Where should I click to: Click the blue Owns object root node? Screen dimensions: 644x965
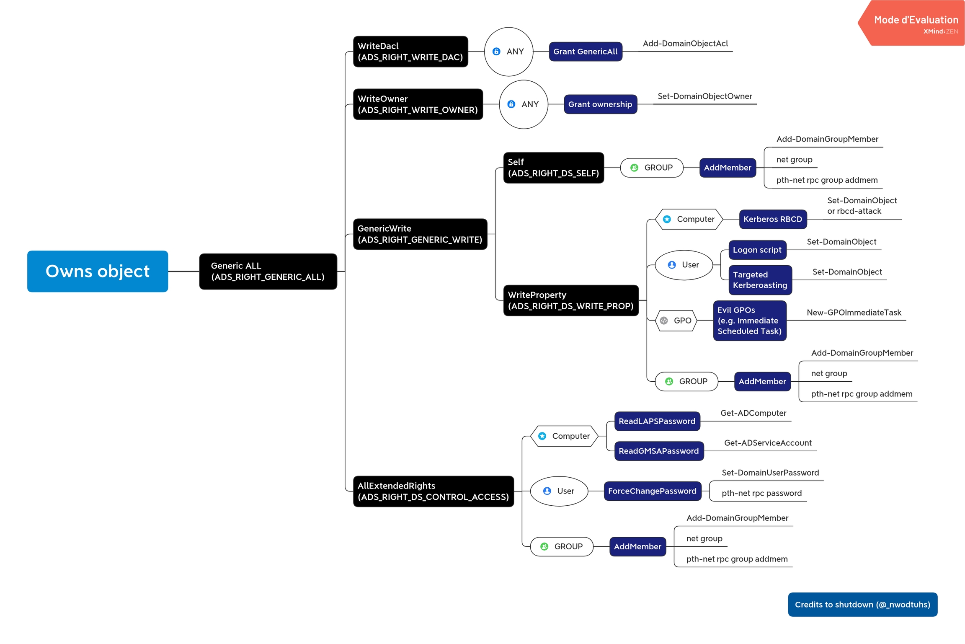pos(98,271)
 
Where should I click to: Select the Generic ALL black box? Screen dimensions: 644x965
pos(268,271)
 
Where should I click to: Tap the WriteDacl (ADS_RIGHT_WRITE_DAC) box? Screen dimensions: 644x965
pos(410,52)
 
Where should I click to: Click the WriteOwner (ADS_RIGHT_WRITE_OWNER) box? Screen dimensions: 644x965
pos(418,104)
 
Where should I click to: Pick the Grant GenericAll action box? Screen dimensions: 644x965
pos(585,52)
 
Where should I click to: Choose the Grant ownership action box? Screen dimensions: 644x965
pos(600,104)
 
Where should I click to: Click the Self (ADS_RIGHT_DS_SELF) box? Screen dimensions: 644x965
pos(553,168)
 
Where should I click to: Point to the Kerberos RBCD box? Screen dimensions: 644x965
pos(773,219)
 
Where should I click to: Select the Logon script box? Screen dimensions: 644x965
pos(757,250)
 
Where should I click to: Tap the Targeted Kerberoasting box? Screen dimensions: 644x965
pos(760,280)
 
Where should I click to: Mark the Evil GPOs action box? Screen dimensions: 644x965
pos(750,321)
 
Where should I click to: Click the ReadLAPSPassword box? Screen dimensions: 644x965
pos(657,421)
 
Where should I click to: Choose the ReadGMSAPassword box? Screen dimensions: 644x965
pos(659,451)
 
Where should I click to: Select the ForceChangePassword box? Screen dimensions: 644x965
pos(652,491)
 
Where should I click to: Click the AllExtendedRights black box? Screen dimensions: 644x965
pos(433,491)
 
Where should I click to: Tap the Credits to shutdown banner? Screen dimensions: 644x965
pos(862,604)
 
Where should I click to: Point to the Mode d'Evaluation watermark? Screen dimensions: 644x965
pos(916,23)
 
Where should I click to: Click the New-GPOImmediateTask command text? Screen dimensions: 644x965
pos(854,313)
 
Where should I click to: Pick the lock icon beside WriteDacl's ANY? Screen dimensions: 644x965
pos(496,52)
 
